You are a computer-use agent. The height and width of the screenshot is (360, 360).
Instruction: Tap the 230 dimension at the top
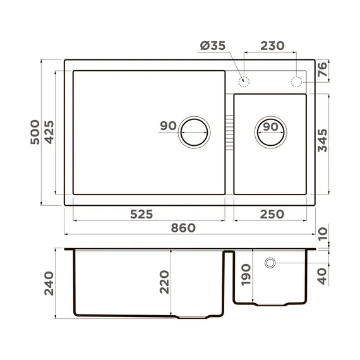(x=272, y=47)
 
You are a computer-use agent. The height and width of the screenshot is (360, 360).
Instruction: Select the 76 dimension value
(x=322, y=70)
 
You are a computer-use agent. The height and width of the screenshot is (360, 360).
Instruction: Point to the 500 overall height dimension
(x=35, y=132)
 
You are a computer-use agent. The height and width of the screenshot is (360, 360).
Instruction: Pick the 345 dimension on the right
(x=322, y=141)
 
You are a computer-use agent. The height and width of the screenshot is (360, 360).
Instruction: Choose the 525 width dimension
(x=141, y=213)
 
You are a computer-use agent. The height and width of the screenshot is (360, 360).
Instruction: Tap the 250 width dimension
(x=272, y=213)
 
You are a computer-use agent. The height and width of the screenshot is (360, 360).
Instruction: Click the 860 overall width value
(x=183, y=228)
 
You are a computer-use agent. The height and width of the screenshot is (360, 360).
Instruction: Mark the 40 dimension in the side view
(x=322, y=275)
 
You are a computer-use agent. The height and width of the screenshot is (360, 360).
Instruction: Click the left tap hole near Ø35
(x=244, y=81)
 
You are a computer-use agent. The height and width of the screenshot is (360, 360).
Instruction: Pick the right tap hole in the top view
(x=296, y=81)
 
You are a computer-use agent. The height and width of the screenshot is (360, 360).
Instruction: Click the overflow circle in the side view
(x=270, y=261)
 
